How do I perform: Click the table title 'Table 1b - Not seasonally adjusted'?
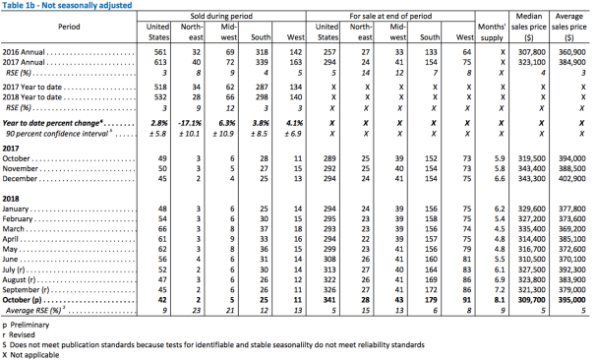click(67, 5)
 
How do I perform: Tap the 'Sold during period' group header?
click(221, 16)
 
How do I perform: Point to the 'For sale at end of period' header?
click(390, 16)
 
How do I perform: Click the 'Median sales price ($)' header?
click(529, 27)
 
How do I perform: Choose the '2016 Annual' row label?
click(24, 52)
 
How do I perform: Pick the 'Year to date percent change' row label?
click(52, 123)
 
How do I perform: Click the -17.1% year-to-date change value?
click(190, 123)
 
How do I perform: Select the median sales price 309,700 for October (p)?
click(531, 300)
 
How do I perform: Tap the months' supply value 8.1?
click(500, 300)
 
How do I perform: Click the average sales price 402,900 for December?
click(572, 179)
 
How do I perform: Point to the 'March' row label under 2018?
click(14, 229)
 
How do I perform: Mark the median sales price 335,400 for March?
click(531, 229)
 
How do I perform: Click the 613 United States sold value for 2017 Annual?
click(160, 62)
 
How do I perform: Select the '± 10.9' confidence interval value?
click(223, 134)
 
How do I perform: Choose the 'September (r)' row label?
click(26, 290)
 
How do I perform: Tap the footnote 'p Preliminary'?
click(26, 325)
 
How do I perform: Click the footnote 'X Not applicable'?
click(30, 355)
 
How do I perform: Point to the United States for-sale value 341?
click(329, 300)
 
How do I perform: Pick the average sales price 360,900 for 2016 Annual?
click(572, 52)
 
